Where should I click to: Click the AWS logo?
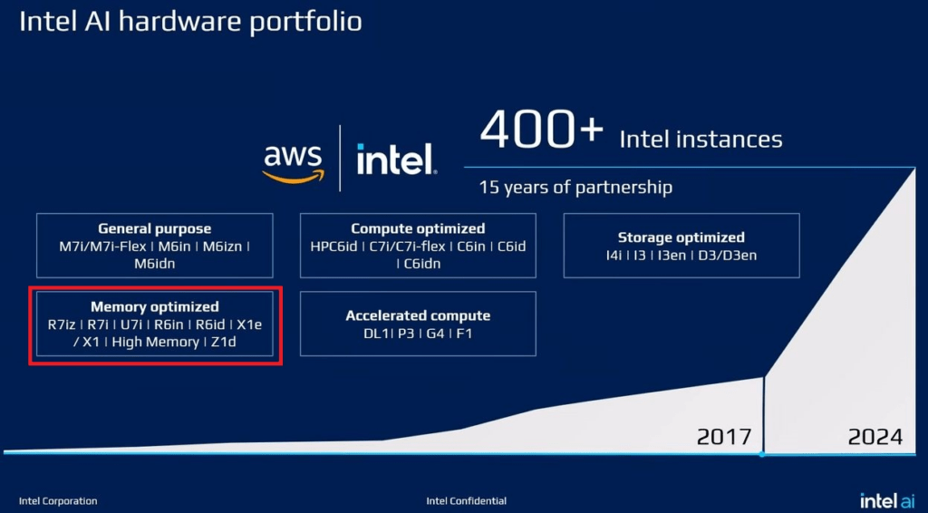294,164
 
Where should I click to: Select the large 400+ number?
542,129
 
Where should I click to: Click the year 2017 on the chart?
724,437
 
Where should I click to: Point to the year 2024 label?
875,437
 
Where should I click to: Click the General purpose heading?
154,228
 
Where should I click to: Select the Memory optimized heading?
154,306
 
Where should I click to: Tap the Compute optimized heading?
418,228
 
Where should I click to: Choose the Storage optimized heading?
681,237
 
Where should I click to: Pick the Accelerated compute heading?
418,315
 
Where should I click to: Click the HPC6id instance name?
333,247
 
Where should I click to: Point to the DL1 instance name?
376,334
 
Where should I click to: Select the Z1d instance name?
224,342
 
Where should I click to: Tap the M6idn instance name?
154,264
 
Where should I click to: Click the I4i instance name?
614,255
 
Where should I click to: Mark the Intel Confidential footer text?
467,501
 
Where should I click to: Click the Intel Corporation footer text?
58,501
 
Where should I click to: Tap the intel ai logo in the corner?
887,500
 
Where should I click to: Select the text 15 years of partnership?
575,188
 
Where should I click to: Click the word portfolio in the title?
305,23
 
